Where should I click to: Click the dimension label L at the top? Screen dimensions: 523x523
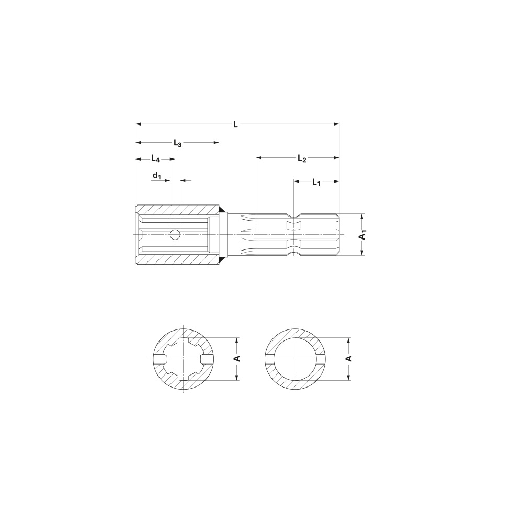[236, 124]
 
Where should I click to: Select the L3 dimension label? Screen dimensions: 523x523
[177, 142]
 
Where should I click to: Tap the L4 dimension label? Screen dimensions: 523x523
[155, 158]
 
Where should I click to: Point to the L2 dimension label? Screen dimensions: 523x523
[301, 157]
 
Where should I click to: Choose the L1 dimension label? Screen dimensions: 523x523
[316, 181]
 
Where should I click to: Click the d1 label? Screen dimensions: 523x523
[157, 176]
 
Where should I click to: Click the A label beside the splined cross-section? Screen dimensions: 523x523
[236, 358]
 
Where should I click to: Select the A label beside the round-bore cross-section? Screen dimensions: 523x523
[348, 358]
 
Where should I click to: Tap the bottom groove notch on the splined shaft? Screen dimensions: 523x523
[294, 254]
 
